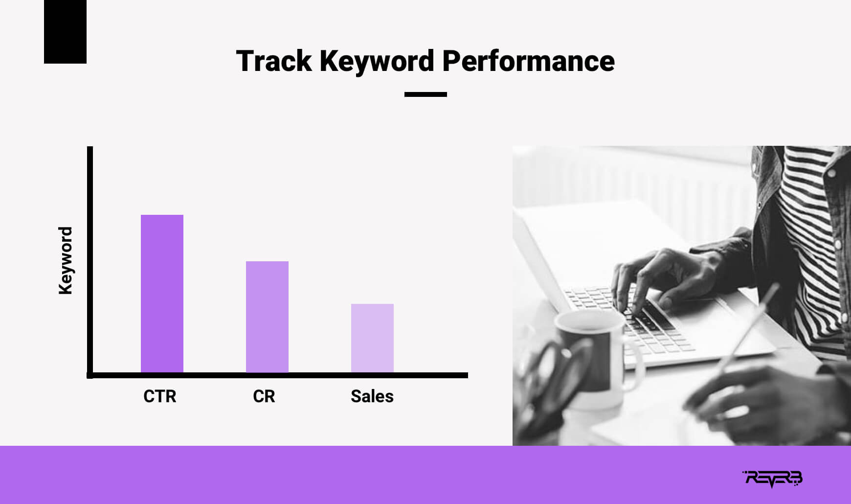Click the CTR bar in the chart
pyautogui.click(x=162, y=294)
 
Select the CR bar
pyautogui.click(x=267, y=317)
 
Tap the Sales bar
pyautogui.click(x=372, y=338)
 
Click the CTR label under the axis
pyautogui.click(x=160, y=396)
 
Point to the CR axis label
pyautogui.click(x=264, y=396)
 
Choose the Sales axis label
pyautogui.click(x=372, y=396)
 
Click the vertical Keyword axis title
pyautogui.click(x=65, y=260)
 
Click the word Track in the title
pyautogui.click(x=274, y=61)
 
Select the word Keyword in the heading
pyautogui.click(x=377, y=62)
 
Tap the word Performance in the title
pyautogui.click(x=529, y=61)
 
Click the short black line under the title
pyautogui.click(x=425, y=94)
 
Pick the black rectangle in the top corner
pyautogui.click(x=65, y=32)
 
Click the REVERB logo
pyautogui.click(x=772, y=479)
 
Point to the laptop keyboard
pyautogui.click(x=631, y=318)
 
